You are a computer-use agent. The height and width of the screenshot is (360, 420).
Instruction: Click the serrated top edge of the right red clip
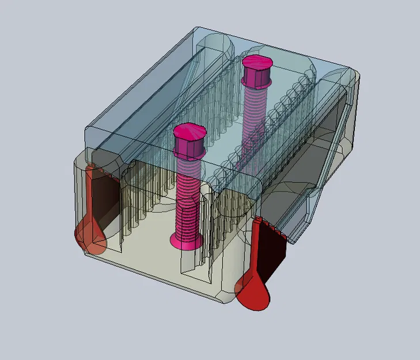click(271, 226)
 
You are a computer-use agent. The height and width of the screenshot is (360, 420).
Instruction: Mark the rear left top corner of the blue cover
click(199, 30)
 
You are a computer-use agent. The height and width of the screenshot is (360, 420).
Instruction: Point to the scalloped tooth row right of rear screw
click(288, 98)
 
